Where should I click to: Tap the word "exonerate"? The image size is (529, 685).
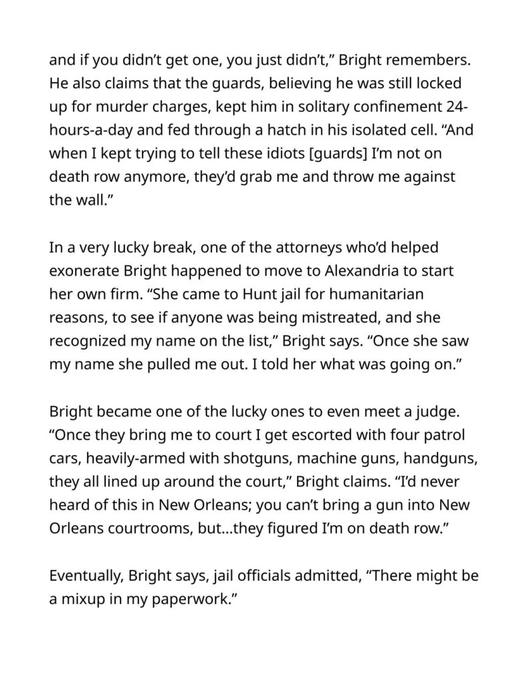click(88, 272)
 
